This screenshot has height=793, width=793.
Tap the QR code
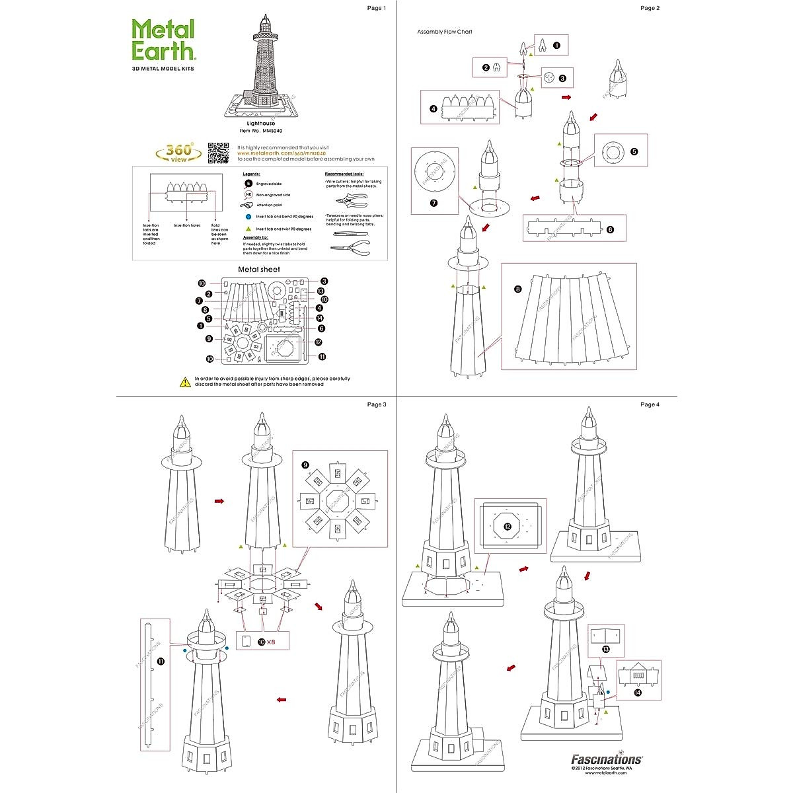tap(219, 152)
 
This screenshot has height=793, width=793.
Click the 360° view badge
tap(179, 152)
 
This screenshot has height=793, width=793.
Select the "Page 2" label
tap(650, 8)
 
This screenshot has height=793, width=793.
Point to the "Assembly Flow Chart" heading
tap(445, 32)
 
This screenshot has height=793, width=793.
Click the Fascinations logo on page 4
tap(607, 759)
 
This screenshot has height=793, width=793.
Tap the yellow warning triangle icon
tap(186, 381)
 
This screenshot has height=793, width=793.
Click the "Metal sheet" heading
tap(259, 269)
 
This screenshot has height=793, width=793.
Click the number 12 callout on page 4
tap(508, 527)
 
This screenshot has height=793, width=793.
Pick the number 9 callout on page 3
tap(305, 465)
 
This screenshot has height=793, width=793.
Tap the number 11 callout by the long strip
tap(161, 660)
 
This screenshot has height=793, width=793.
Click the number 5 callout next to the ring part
tap(634, 151)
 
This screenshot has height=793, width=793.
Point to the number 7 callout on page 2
tap(434, 203)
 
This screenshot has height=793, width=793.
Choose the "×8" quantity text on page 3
tap(271, 642)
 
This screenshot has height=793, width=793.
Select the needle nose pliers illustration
tap(351, 248)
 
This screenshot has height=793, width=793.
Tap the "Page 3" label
tap(376, 404)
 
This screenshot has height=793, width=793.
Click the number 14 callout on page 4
tap(637, 693)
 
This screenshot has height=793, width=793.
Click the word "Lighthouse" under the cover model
tap(261, 124)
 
